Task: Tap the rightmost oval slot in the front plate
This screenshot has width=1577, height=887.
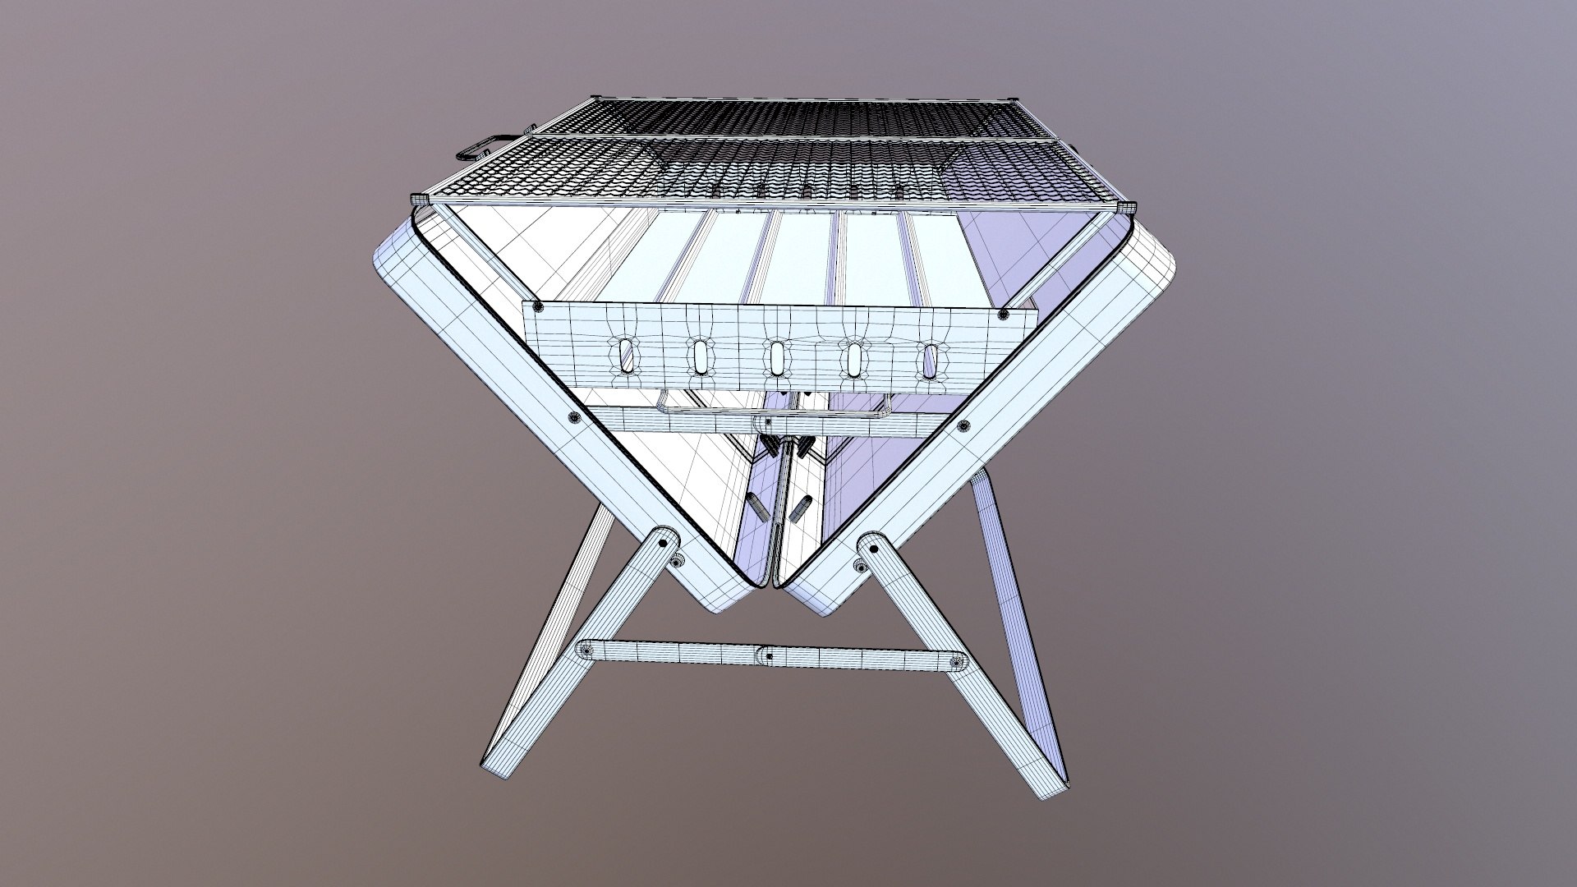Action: (931, 359)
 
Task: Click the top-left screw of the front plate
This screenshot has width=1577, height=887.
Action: (538, 307)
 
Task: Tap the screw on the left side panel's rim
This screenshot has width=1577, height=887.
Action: (573, 418)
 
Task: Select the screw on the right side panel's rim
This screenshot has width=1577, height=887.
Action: (963, 425)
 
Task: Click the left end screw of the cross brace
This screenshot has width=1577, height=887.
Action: (586, 650)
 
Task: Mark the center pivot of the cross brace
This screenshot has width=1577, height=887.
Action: (767, 655)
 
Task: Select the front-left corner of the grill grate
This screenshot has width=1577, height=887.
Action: (421, 200)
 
